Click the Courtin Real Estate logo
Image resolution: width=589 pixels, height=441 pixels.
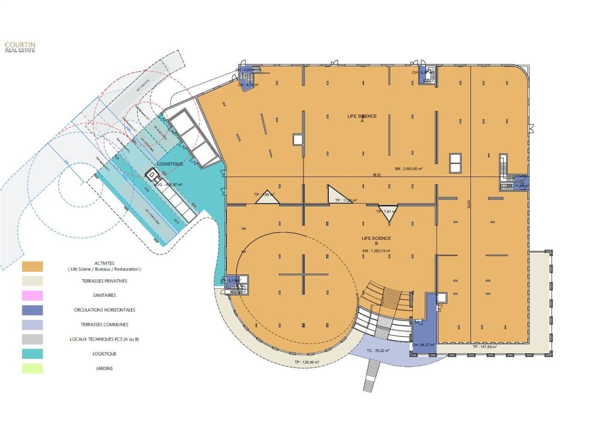point(20,47)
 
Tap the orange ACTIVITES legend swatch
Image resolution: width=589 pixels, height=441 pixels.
point(32,266)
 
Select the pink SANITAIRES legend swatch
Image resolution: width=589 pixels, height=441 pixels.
point(32,295)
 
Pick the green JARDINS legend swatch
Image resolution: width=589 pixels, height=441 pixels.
point(32,368)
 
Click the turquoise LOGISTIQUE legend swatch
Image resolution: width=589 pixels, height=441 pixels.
point(32,354)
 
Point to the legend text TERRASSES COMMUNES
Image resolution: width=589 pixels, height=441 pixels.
point(104,325)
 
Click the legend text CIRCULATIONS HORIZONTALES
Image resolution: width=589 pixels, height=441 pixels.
point(104,310)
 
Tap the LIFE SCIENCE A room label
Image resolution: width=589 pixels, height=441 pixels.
point(362,119)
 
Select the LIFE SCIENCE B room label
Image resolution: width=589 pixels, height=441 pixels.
point(376,241)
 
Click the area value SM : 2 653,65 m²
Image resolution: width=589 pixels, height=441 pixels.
point(409,169)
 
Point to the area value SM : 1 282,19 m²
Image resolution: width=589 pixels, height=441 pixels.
point(376,251)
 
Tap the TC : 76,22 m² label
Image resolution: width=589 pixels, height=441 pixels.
point(378,350)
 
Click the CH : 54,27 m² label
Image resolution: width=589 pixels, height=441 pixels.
point(423,345)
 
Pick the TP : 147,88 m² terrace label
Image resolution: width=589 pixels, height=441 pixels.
point(485,347)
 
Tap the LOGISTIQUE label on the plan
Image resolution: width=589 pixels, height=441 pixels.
point(170,164)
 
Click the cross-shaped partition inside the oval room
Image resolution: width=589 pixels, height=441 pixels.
point(303,274)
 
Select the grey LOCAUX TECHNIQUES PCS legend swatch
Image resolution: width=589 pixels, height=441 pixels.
point(32,339)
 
